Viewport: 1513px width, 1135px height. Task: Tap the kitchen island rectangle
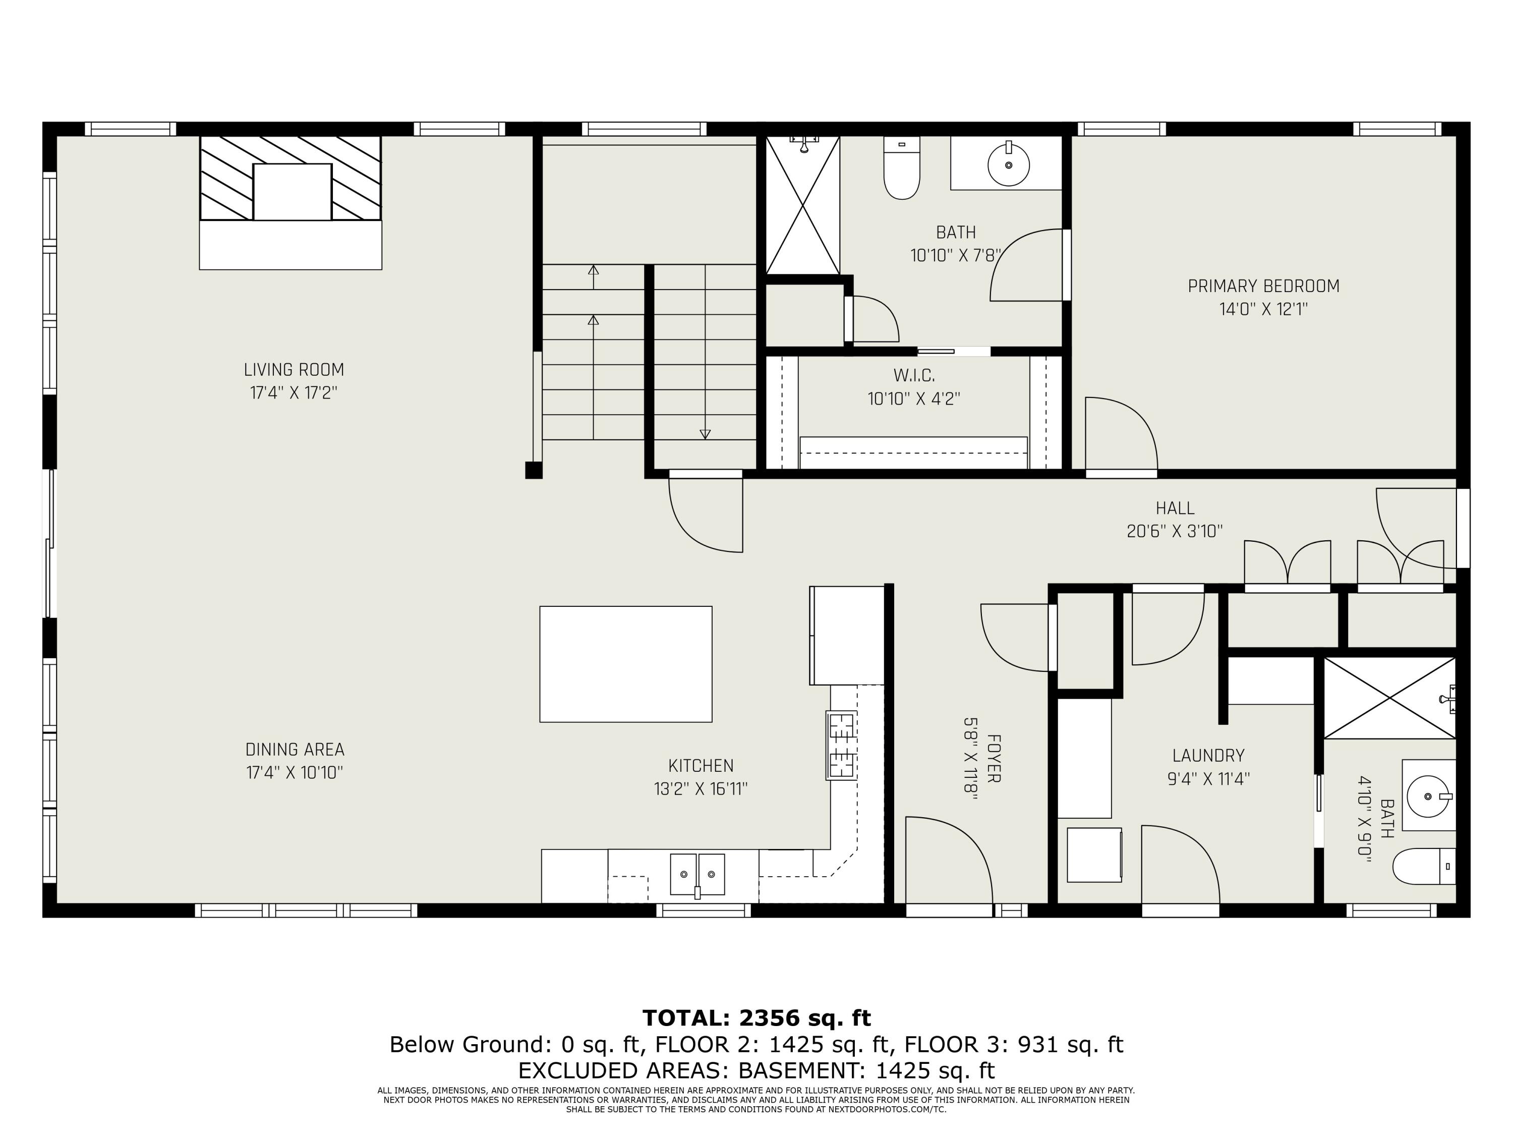(625, 664)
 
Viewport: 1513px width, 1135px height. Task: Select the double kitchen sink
(697, 874)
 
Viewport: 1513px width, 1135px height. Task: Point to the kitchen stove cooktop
(841, 745)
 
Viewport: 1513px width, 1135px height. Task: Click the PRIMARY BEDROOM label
(1263, 286)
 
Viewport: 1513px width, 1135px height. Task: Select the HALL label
(1175, 508)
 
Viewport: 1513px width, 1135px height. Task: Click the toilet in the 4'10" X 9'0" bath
(1423, 867)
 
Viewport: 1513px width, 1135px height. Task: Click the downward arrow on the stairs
(705, 434)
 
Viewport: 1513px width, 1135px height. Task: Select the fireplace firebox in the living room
(292, 192)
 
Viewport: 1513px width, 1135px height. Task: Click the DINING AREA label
(295, 749)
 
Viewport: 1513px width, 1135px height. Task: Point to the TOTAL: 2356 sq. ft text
(756, 1018)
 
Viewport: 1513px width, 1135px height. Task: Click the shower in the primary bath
(802, 205)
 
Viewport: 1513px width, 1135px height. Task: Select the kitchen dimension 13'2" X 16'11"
(701, 789)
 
